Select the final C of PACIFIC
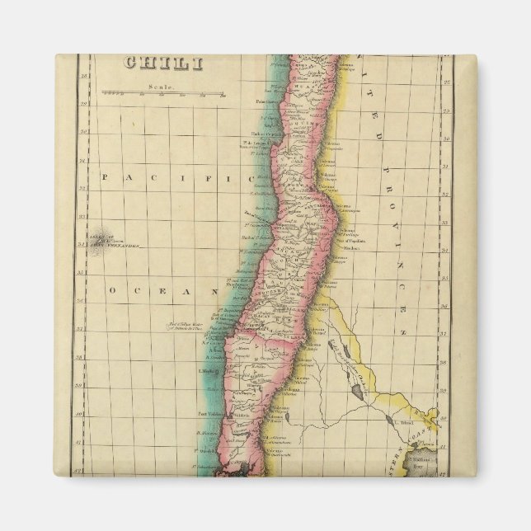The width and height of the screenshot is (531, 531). point(228,176)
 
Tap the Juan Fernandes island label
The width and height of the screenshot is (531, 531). point(113,243)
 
